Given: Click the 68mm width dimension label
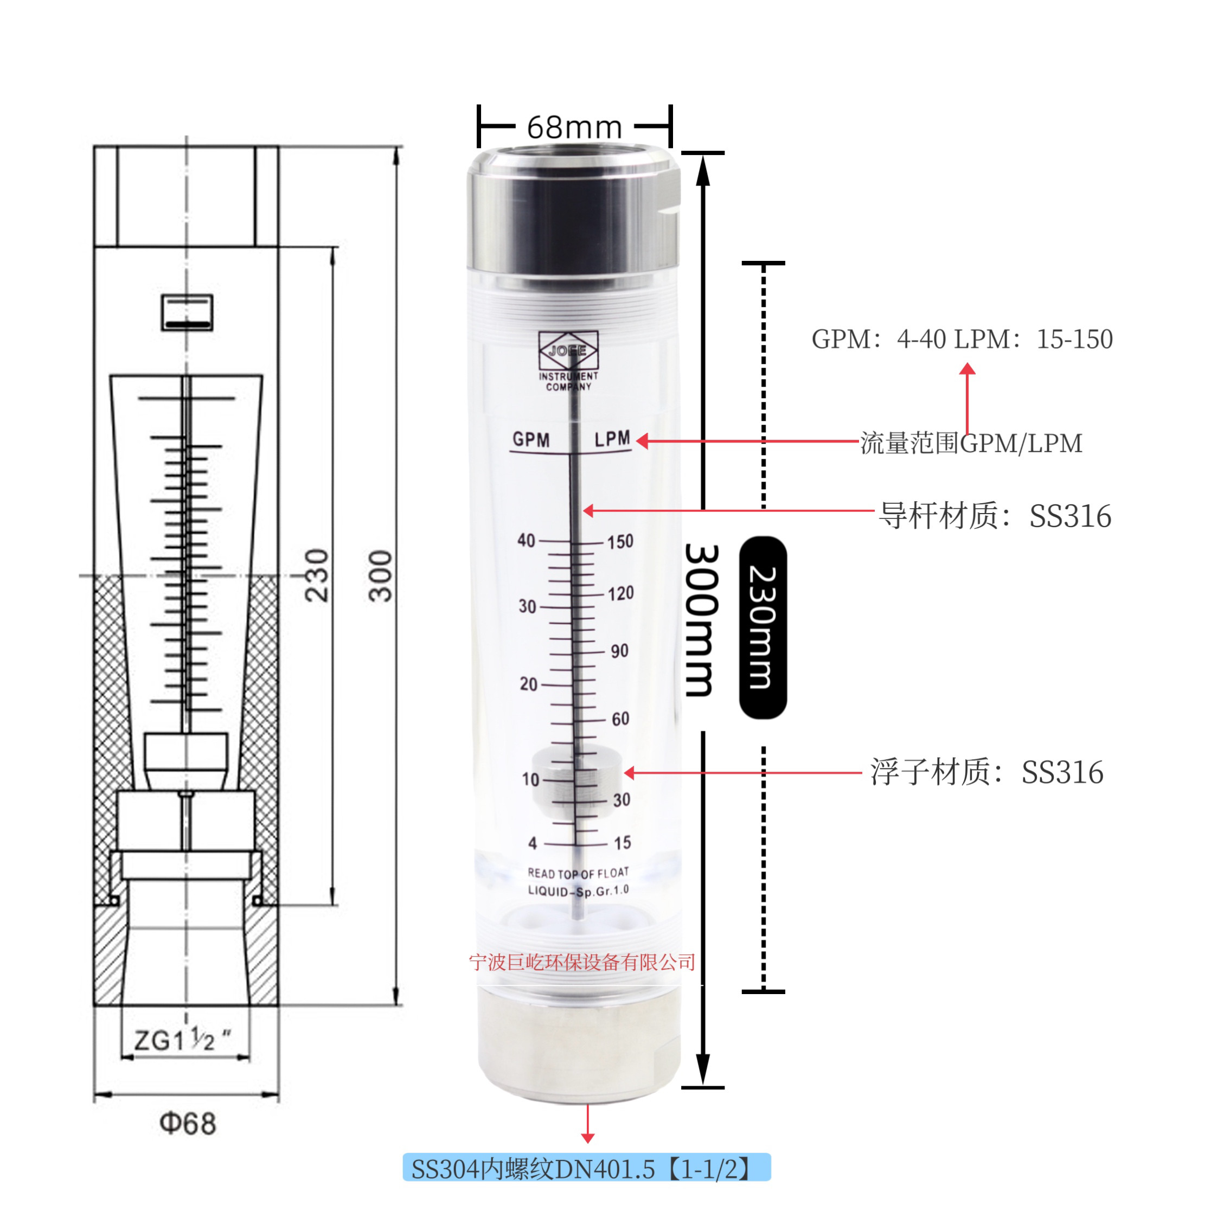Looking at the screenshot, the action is coord(574,127).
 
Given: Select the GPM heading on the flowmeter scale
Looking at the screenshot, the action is coord(531,439).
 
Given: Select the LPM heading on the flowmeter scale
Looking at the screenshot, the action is coord(612,439).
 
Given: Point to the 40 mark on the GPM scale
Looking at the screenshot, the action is coord(526,541).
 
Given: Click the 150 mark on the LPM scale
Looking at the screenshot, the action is coord(620,542).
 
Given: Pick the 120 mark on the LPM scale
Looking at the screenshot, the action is coord(621,593).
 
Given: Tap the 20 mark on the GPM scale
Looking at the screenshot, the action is coord(528,684).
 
